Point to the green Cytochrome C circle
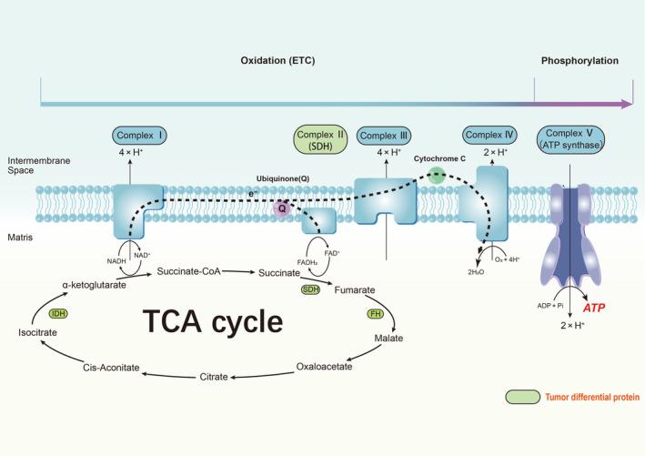(x=438, y=175)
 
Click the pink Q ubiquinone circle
(x=283, y=208)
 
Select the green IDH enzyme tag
(x=60, y=313)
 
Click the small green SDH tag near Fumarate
(x=311, y=289)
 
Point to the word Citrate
(x=217, y=375)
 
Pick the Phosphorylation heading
(x=579, y=61)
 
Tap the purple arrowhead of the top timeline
(x=627, y=105)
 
